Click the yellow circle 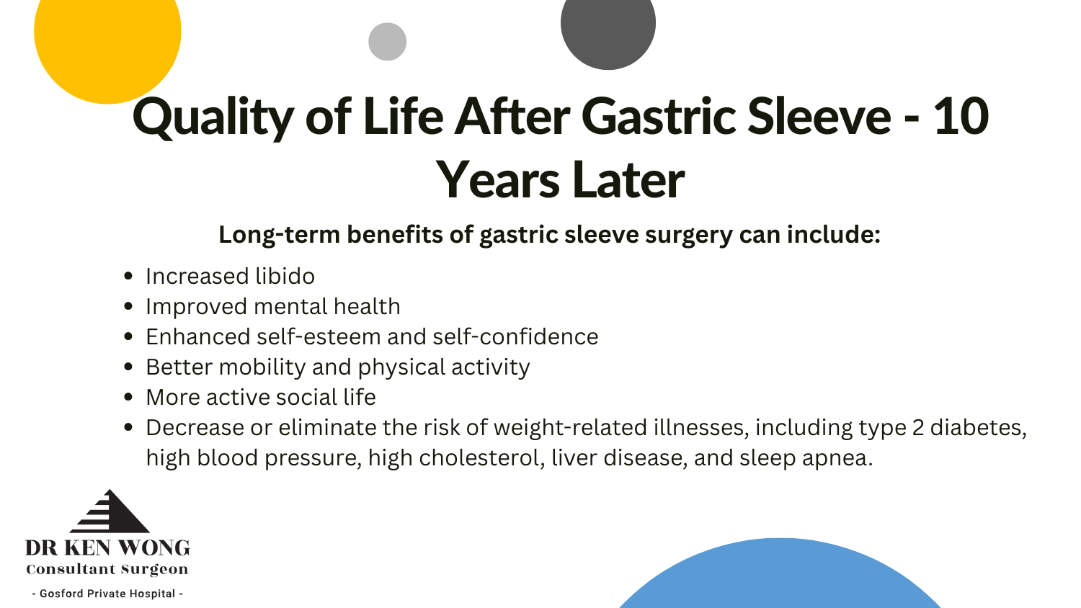tap(107, 39)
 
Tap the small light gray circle tap(387, 42)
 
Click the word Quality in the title tap(213, 117)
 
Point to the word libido tap(285, 277)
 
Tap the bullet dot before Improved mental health tap(128, 306)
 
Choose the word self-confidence tap(515, 337)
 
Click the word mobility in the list tap(262, 367)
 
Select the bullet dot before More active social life tap(128, 397)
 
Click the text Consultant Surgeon tap(107, 570)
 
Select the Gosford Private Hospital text tap(107, 594)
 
